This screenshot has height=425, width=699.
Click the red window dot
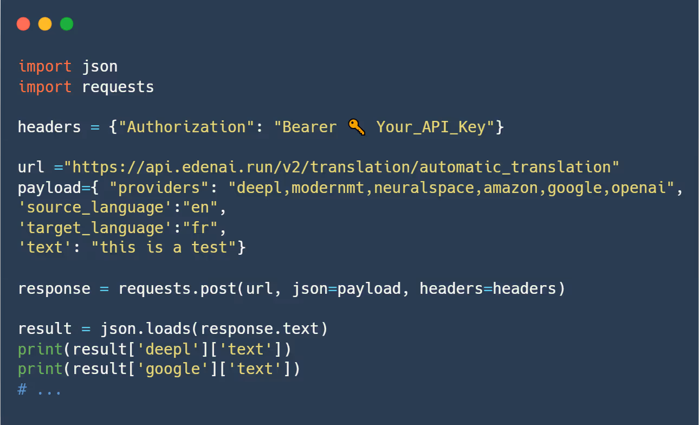23,24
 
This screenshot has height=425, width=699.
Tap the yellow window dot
45,24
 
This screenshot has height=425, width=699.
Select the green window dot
67,24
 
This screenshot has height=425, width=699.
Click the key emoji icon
357,127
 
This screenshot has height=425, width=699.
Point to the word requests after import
118,87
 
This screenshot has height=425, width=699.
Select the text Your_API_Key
431,127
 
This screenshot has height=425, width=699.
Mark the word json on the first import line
100,67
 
